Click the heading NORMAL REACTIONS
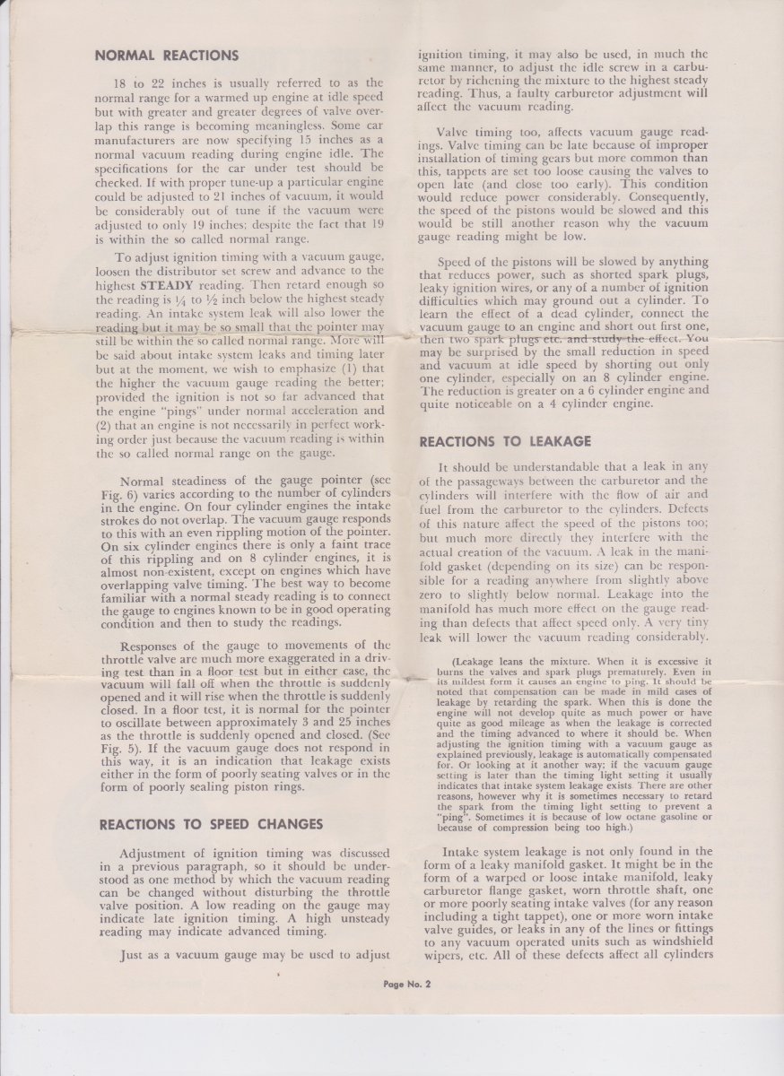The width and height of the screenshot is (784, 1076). pyautogui.click(x=167, y=56)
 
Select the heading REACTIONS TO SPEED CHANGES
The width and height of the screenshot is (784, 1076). pyautogui.click(x=211, y=824)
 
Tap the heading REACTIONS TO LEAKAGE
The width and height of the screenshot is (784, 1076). pyautogui.click(x=505, y=441)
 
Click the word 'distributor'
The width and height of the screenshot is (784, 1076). pyautogui.click(x=206, y=270)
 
